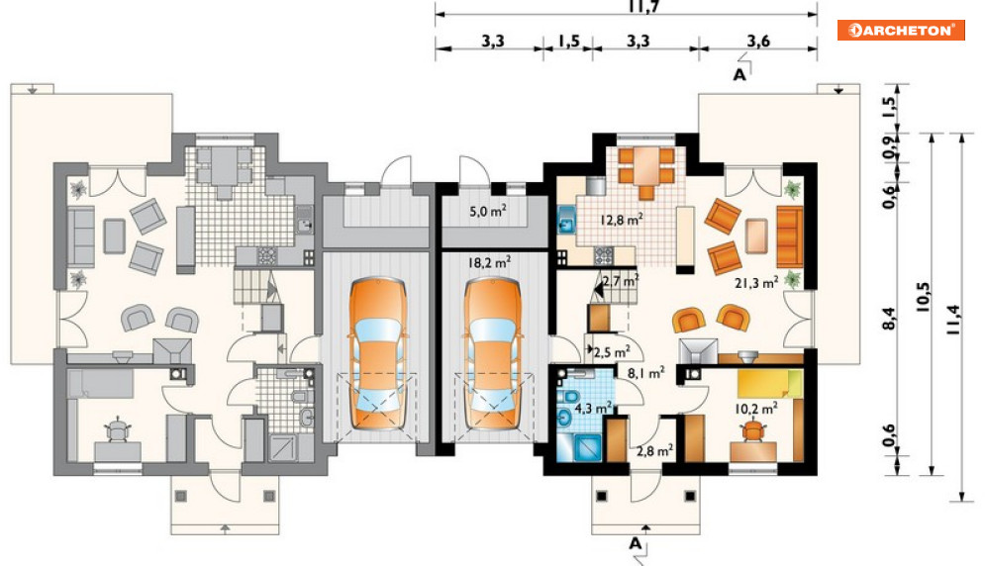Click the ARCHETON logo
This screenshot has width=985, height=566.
900,30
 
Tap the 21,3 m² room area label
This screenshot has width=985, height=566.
756,283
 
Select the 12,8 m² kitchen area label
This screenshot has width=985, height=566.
622,220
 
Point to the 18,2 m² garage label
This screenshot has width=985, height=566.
489,262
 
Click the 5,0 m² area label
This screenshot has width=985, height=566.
488,211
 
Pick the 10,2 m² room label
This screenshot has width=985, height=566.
756,409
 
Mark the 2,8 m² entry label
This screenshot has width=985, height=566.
654,450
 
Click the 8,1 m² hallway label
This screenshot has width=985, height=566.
645,373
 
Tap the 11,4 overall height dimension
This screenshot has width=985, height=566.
953,320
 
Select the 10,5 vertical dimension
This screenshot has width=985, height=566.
923,298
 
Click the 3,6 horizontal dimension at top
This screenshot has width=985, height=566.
758,42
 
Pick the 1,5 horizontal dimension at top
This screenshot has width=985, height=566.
568,42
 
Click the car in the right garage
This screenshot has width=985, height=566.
493,354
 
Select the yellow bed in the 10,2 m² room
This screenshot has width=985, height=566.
770,383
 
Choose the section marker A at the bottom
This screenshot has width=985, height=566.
636,543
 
